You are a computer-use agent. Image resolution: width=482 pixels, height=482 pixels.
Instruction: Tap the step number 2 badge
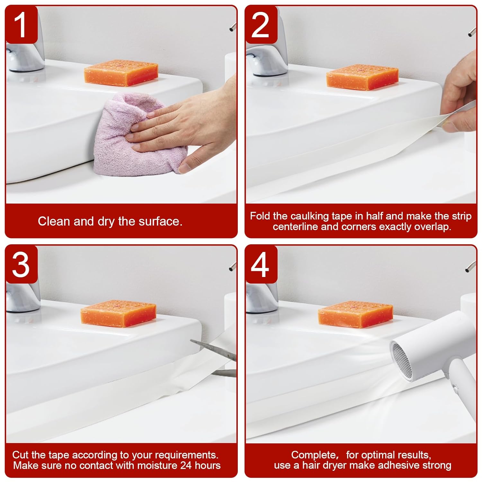(x=260, y=25)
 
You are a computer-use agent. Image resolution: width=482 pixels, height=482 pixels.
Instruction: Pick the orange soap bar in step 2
(x=362, y=77)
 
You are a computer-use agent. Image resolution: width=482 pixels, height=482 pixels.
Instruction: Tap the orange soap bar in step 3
(x=118, y=313)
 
